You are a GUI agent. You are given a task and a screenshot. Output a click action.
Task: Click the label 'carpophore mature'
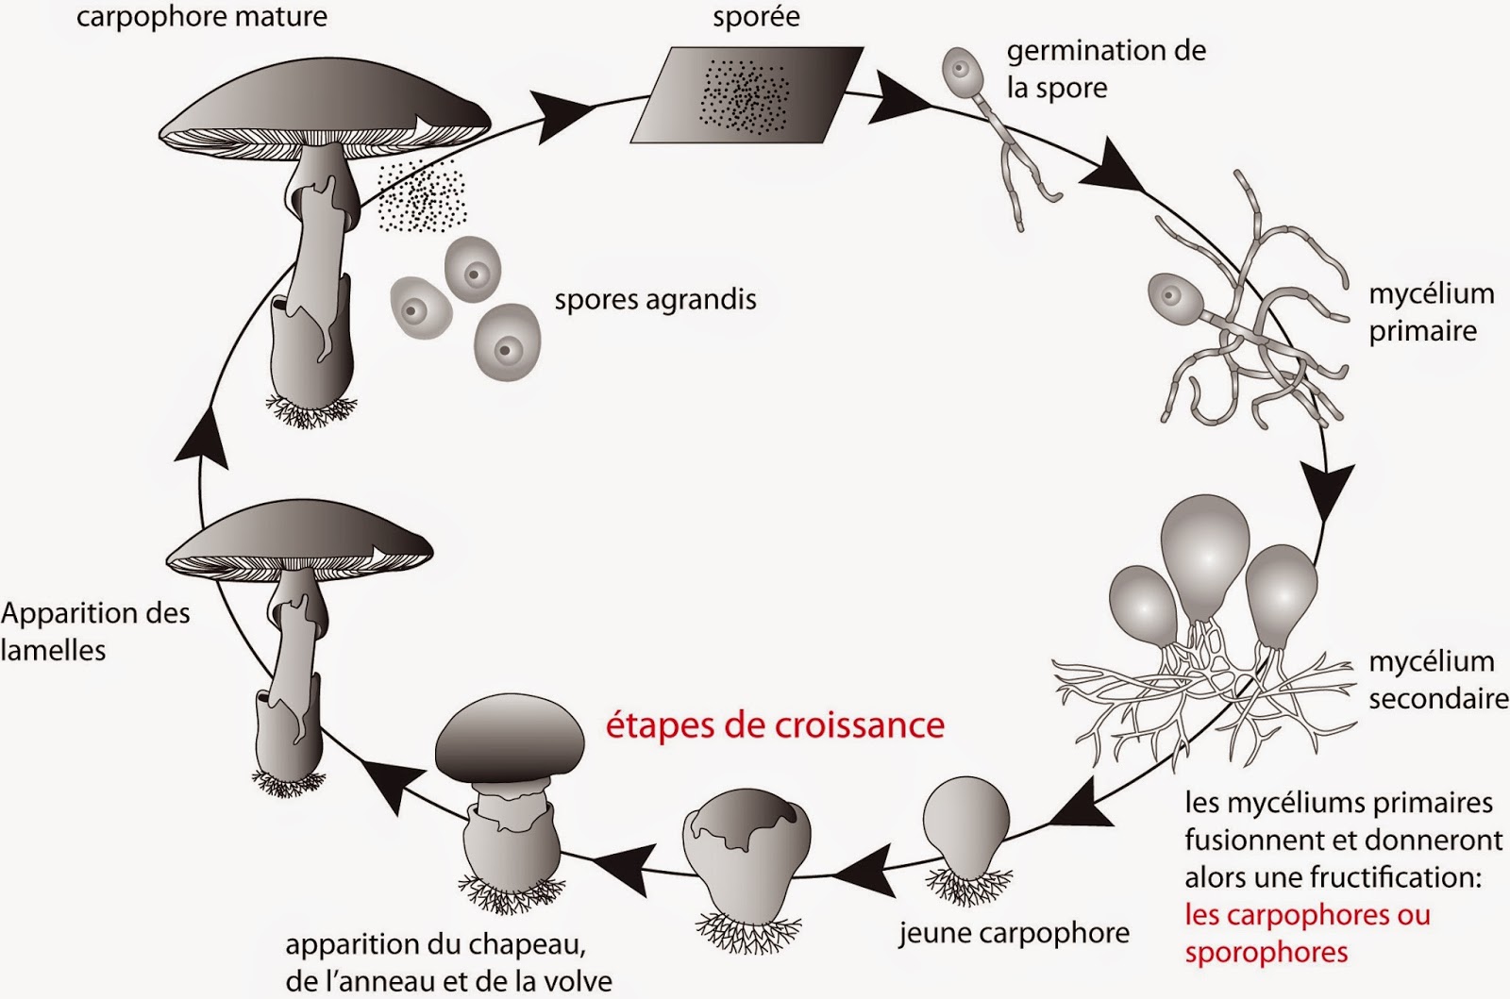[x=201, y=17]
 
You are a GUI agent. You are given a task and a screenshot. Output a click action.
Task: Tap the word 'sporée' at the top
[x=756, y=17]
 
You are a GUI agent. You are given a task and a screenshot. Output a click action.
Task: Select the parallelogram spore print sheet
[x=746, y=95]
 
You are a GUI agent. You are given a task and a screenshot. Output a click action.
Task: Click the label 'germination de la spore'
[x=1104, y=68]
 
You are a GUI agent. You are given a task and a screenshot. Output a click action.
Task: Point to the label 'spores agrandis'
[x=655, y=300]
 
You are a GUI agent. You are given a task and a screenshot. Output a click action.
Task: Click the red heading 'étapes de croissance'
[x=774, y=725]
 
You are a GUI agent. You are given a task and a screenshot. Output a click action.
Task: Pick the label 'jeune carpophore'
[x=1014, y=933]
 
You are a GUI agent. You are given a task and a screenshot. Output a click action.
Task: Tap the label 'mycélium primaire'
[x=1430, y=312]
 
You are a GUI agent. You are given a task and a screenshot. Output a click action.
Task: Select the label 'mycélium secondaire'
[x=1436, y=680]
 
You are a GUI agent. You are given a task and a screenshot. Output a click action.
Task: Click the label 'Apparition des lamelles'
[x=94, y=631]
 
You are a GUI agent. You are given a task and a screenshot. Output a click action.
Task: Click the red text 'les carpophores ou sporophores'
[x=1307, y=933]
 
